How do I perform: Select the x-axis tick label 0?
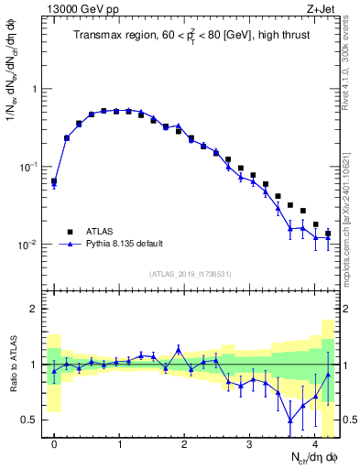[54, 443]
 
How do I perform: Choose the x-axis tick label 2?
[184, 443]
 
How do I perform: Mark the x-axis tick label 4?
[314, 443]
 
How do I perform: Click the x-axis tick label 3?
[249, 443]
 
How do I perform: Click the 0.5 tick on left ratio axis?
[30, 420]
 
